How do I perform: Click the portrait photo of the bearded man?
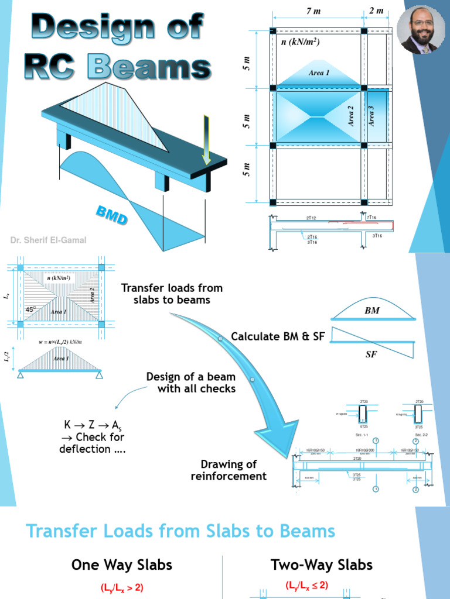421,30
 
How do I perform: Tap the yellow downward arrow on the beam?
206,141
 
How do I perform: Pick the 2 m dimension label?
376,11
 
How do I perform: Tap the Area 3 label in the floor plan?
371,116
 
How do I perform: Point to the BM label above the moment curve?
372,311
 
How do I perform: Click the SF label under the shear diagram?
371,354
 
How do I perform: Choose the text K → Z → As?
92,425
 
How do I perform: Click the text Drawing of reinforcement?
229,470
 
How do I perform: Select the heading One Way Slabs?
122,564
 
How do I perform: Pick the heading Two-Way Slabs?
322,564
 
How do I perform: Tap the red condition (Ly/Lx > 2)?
122,588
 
